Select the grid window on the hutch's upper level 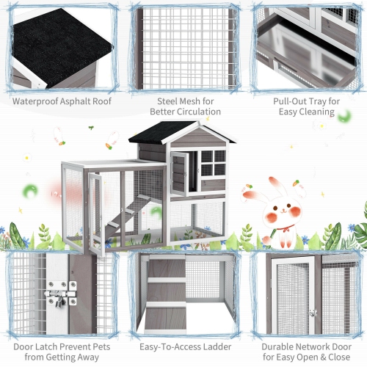(213, 163)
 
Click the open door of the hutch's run (95, 209)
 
